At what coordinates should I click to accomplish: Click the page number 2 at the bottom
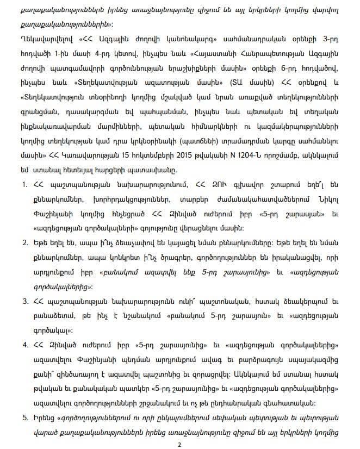[x=179, y=444]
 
